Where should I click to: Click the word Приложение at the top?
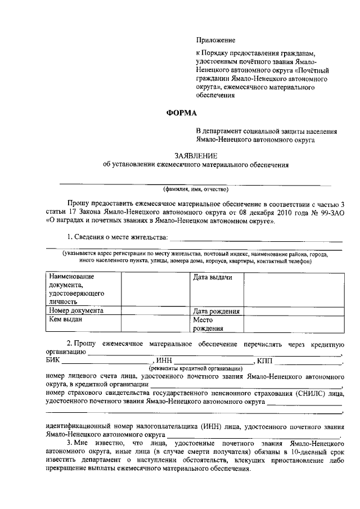click(215, 40)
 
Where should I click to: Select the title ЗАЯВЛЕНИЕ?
click(195, 155)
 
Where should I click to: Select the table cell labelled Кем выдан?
click(66, 319)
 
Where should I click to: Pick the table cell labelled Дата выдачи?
click(213, 277)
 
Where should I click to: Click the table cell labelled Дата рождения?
click(217, 311)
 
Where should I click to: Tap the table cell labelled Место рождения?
click(208, 324)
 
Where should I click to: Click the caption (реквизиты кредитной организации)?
click(195, 368)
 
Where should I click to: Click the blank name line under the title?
click(195, 183)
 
